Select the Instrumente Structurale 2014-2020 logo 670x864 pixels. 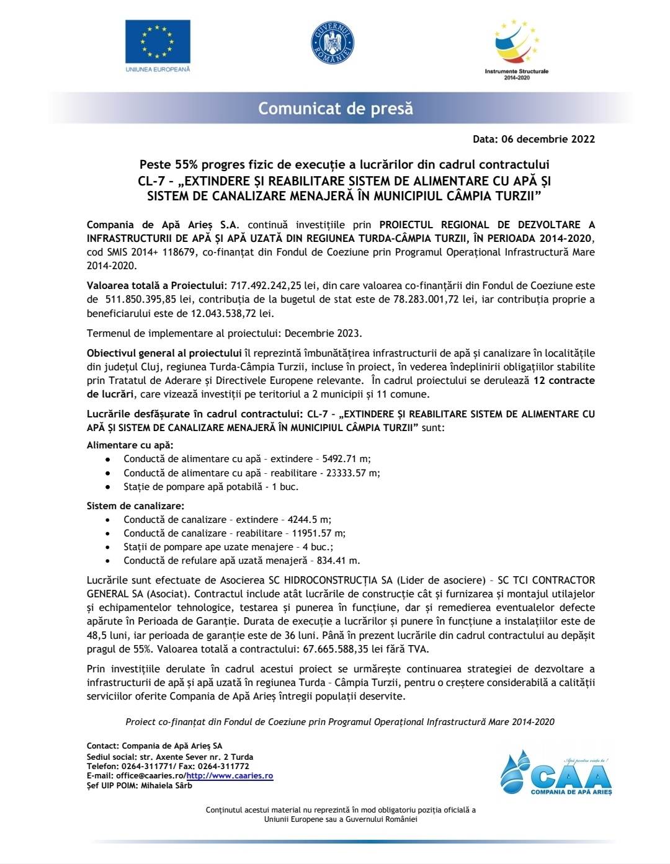516,50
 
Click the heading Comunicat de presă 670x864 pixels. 335,109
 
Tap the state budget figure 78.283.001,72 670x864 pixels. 427,300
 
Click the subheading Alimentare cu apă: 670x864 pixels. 130,445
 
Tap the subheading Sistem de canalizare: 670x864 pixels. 135,506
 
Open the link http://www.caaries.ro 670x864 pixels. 230,776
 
